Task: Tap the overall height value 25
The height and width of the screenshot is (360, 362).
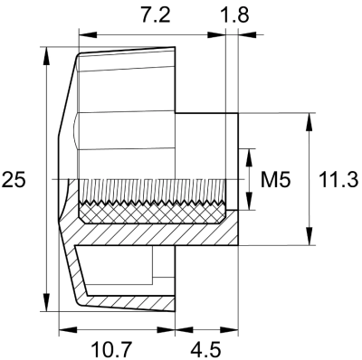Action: [14, 180]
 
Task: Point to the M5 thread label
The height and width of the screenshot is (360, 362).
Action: [274, 180]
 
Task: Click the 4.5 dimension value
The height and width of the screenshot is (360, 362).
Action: [205, 346]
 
